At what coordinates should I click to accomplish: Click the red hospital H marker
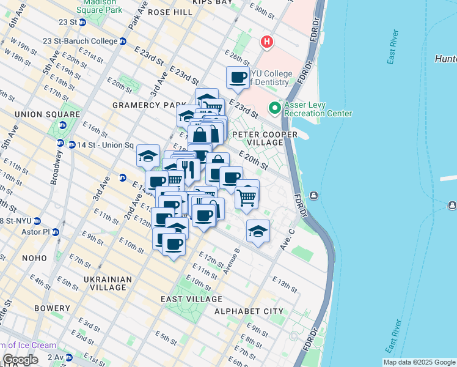267,42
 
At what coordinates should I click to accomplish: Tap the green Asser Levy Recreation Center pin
274,108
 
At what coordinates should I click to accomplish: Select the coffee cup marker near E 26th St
238,78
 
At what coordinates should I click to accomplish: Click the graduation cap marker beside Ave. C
258,232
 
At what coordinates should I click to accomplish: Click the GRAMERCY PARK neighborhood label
144,105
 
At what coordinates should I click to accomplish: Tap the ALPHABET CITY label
249,311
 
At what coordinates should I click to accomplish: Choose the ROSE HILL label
167,12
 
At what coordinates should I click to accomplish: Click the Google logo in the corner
20,360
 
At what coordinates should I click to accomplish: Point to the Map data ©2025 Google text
419,361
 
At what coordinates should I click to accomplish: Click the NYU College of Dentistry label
268,78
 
